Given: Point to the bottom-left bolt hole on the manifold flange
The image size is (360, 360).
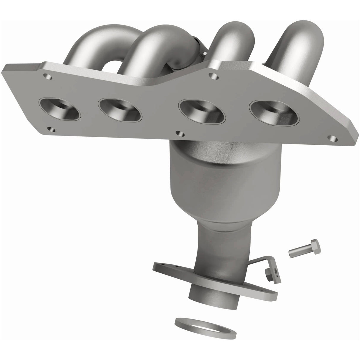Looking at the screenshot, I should pos(52,129).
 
